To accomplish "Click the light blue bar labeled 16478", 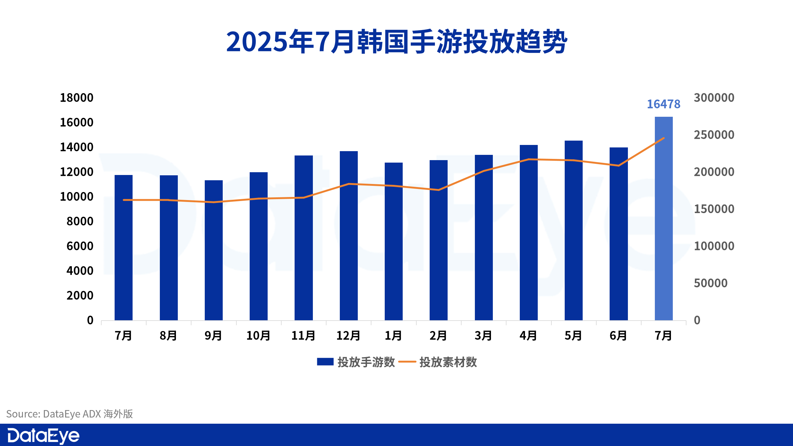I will (x=664, y=218).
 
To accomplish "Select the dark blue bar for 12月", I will (x=348, y=235).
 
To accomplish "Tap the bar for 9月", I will (x=213, y=250).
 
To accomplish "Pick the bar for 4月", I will (x=528, y=232).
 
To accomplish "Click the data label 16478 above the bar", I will (x=664, y=104).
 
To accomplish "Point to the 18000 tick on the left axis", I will (x=77, y=98).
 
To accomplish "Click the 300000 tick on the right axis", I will (x=714, y=98).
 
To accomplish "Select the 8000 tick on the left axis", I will (x=80, y=221).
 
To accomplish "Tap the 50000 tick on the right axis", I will (x=710, y=283).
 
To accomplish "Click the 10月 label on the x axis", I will (x=258, y=336).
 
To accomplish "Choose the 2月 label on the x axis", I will (x=438, y=336).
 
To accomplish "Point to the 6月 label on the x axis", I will (x=618, y=336).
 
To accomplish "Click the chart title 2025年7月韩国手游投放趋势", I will (x=396, y=42).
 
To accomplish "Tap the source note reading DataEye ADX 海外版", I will (x=70, y=414).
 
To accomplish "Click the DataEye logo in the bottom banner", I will (x=43, y=436).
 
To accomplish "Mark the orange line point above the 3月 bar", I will (x=484, y=171).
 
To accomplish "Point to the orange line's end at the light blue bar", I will (x=664, y=138).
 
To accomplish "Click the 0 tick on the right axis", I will (x=697, y=320).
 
